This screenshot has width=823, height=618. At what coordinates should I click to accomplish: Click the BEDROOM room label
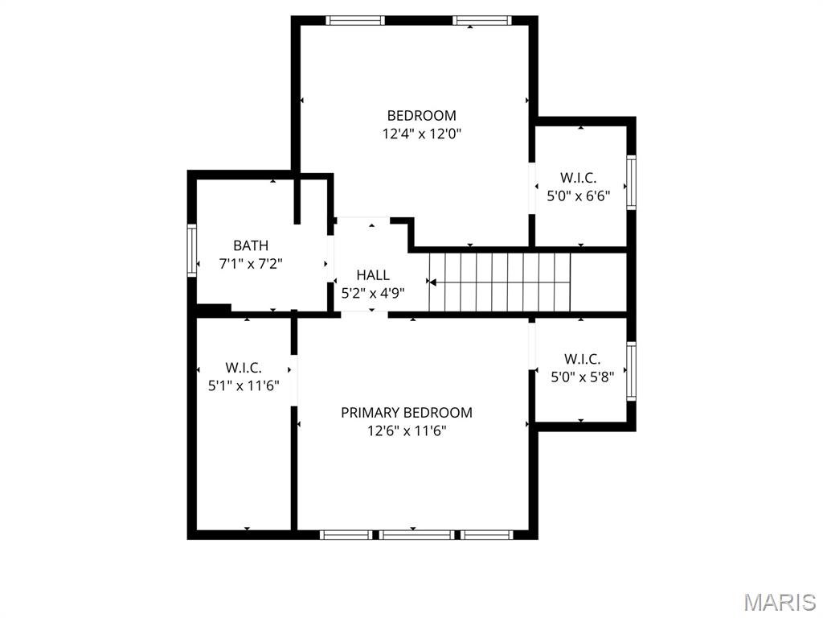(x=421, y=115)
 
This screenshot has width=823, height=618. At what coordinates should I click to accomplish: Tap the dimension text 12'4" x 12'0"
(x=421, y=134)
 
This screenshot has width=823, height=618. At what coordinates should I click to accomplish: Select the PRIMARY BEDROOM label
(x=407, y=412)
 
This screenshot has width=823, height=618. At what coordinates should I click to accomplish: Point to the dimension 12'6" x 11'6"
(x=407, y=431)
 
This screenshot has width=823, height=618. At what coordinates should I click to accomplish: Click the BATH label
(x=251, y=245)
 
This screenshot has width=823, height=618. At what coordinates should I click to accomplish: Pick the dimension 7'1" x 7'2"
(x=251, y=263)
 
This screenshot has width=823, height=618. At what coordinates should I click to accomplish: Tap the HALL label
(x=373, y=275)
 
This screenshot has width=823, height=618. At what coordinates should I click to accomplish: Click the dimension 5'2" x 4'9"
(x=373, y=293)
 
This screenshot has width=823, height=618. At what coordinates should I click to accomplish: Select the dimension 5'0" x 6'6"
(x=579, y=196)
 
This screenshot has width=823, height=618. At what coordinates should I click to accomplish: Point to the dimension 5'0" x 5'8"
(x=582, y=376)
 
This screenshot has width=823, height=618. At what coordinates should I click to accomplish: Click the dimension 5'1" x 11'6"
(x=244, y=385)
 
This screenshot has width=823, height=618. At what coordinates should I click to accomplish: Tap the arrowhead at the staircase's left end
(x=432, y=282)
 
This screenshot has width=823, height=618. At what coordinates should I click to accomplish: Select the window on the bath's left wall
(x=192, y=250)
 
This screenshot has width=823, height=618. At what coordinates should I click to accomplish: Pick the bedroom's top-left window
(x=355, y=20)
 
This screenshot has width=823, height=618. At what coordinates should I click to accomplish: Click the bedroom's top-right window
(x=481, y=20)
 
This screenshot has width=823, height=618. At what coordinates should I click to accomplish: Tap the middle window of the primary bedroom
(x=416, y=534)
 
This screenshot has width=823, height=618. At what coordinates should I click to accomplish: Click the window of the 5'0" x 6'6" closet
(x=632, y=183)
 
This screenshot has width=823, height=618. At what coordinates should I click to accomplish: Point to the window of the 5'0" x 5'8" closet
(x=632, y=372)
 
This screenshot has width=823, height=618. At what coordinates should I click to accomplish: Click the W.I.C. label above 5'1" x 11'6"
(x=244, y=368)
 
